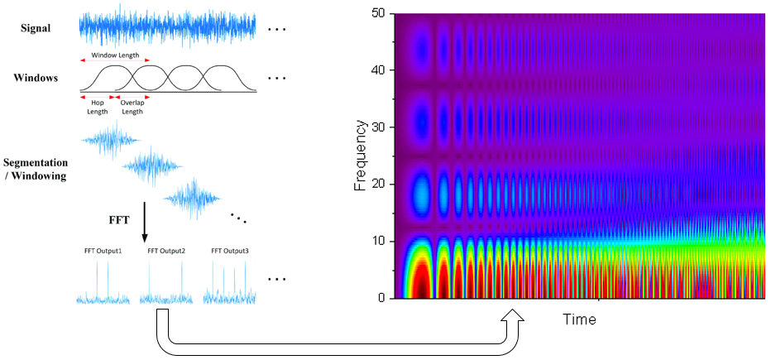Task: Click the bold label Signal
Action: point(36,28)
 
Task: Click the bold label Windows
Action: point(36,78)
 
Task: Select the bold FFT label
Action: point(119,221)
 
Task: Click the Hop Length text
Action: point(97,107)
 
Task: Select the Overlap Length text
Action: point(132,107)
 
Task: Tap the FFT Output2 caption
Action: point(165,250)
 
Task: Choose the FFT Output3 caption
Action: point(230,250)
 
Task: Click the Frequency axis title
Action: point(361,155)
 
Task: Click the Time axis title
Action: point(580,319)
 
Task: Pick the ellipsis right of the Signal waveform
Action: point(276,29)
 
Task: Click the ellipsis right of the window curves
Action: point(276,79)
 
